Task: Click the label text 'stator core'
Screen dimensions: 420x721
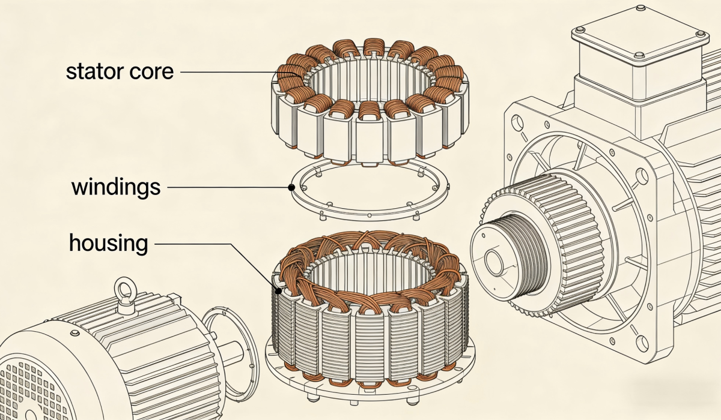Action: coord(120,71)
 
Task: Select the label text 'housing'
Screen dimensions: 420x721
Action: coord(108,244)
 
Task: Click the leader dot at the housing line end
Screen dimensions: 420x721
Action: coord(278,292)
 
